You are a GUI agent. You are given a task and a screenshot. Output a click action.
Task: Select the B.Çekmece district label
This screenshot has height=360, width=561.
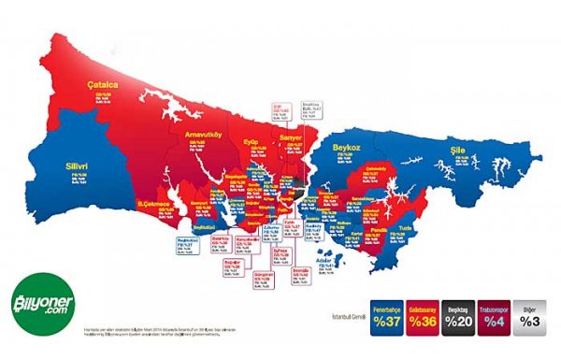153,203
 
